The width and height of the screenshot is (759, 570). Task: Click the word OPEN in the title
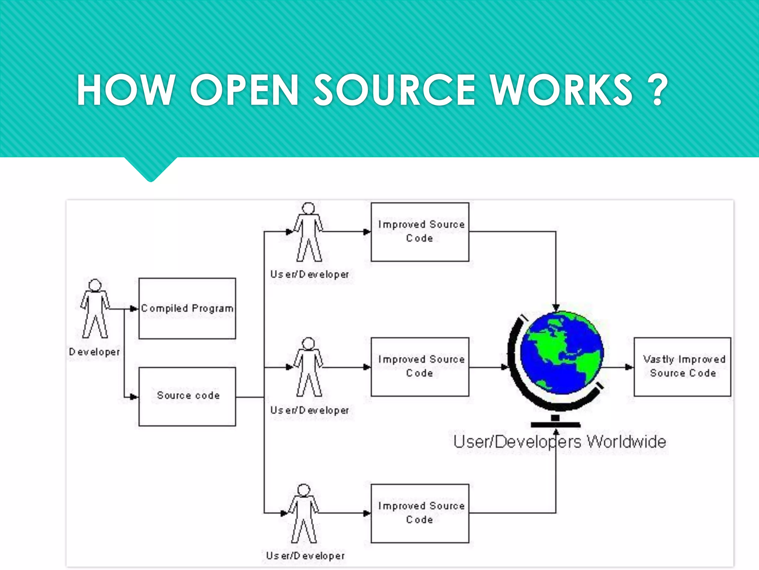[x=244, y=90]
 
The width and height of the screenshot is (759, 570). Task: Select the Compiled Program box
[x=187, y=308]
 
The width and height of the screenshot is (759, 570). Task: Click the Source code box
[x=187, y=396]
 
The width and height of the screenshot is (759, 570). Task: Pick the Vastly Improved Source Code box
[x=682, y=367]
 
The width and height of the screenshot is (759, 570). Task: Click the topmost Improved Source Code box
[x=420, y=232]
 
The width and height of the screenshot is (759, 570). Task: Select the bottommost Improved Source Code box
[x=420, y=513]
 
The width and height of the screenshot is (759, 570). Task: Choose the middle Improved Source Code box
[x=420, y=367]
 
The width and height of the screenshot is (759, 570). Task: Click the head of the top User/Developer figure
[x=308, y=209]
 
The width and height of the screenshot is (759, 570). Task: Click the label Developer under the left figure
[x=95, y=352]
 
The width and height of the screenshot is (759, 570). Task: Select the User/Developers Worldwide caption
[x=560, y=442]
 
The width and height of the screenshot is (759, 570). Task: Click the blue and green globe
[x=562, y=353]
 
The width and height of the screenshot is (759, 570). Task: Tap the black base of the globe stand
[x=555, y=424]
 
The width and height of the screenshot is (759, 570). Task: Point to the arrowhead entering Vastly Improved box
[x=629, y=367]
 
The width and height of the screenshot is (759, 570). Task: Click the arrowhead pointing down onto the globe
[x=556, y=308]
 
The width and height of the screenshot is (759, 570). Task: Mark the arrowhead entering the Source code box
[x=134, y=397]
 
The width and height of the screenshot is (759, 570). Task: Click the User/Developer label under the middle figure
[x=309, y=410]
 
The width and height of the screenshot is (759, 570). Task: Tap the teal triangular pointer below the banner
[x=150, y=169]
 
